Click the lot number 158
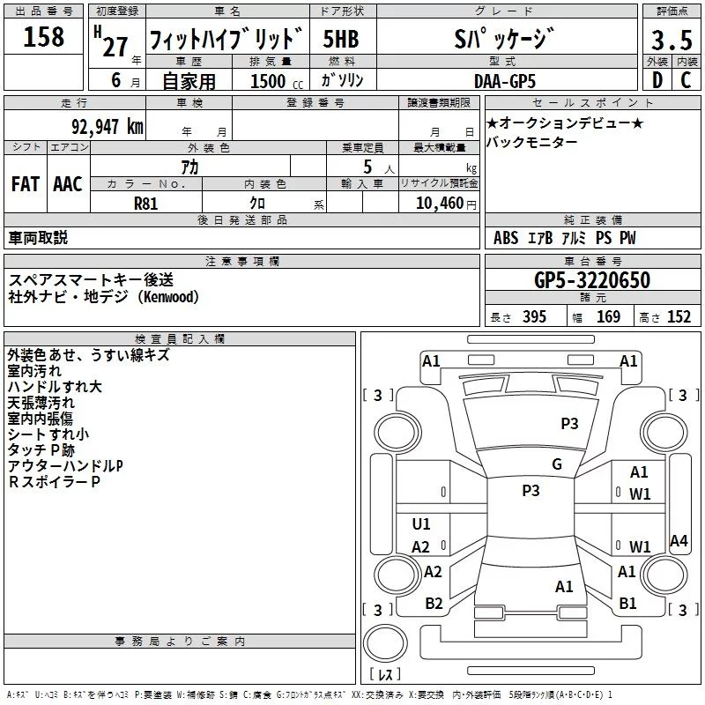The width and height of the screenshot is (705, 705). tap(44, 37)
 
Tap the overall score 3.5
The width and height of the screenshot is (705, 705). tap(671, 40)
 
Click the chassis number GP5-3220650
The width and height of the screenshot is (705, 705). tap(592, 280)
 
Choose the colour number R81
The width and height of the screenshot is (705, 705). tap(145, 203)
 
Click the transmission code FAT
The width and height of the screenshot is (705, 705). tap(26, 183)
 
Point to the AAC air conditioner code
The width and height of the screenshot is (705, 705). tap(68, 183)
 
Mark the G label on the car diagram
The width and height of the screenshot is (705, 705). tap(556, 464)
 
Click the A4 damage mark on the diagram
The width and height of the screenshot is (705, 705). tap(679, 541)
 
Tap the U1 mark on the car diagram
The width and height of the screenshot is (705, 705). tap(421, 524)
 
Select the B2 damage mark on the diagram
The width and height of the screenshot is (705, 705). tap(434, 603)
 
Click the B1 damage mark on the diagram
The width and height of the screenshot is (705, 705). tap(627, 603)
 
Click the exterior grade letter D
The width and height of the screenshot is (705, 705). tap(657, 80)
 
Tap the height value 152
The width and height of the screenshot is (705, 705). tap(679, 317)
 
